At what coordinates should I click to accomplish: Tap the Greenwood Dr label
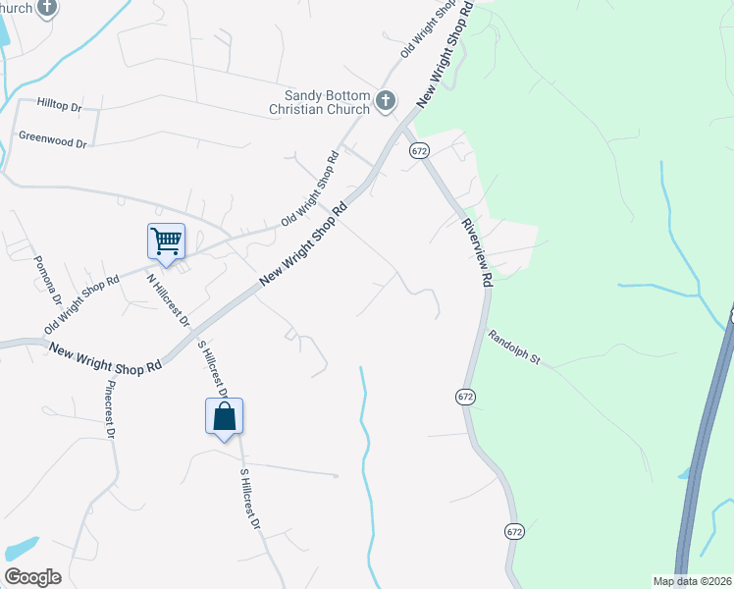click(x=53, y=141)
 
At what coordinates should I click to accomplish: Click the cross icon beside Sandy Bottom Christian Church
click(x=387, y=100)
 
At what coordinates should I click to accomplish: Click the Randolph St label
click(x=514, y=347)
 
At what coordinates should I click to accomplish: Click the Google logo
click(x=32, y=577)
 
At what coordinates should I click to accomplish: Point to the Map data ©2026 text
click(x=692, y=581)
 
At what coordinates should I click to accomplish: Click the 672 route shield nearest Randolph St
click(x=465, y=396)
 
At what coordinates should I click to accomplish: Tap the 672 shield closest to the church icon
click(x=420, y=150)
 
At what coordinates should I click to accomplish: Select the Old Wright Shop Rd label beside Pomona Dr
click(x=81, y=304)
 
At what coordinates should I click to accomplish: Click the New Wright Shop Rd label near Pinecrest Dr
click(x=105, y=358)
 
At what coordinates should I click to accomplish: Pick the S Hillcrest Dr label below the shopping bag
click(x=249, y=498)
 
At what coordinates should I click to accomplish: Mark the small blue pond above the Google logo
click(x=22, y=547)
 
